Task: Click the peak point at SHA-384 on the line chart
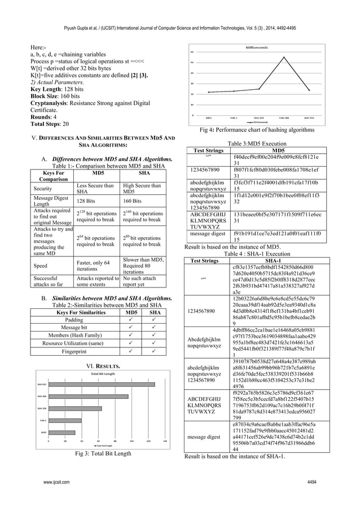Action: (x=283, y=57)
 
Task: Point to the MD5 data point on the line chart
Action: (x=209, y=92)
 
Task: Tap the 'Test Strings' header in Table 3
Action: (x=208, y=151)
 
